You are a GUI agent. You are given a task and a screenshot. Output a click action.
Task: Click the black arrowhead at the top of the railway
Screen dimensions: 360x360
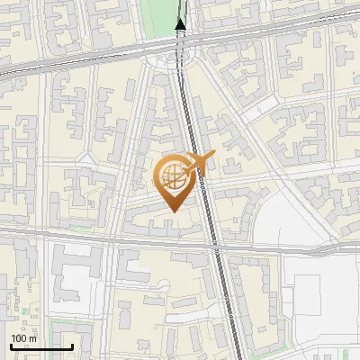[x=180, y=24]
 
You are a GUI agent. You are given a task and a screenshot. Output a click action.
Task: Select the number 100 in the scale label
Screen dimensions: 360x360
[x=17, y=339]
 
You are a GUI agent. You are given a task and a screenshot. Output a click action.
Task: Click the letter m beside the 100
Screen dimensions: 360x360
[x=32, y=339]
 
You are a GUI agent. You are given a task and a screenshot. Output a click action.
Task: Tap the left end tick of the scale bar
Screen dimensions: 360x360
[x=10, y=346]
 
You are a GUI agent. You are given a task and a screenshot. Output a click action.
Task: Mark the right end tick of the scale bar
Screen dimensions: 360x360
[x=72, y=346]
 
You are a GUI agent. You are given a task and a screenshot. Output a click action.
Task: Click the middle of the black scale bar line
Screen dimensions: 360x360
[x=40, y=347]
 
